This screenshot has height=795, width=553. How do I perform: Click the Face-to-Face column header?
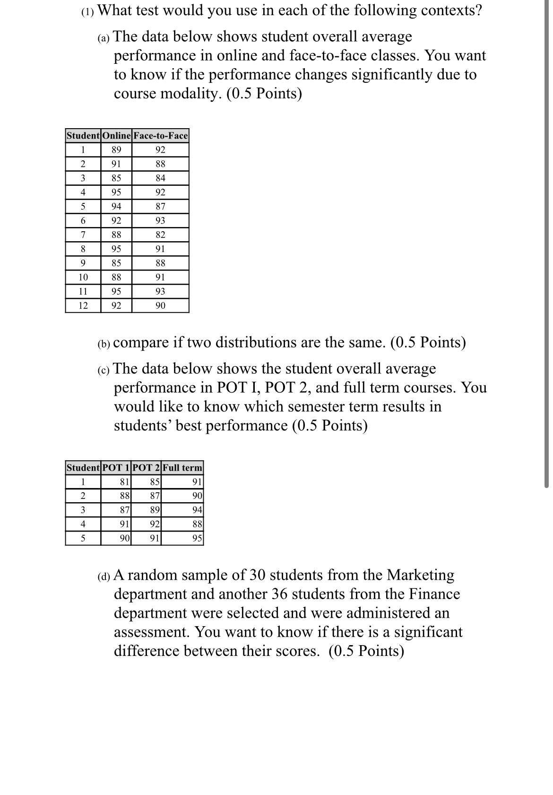coord(161,136)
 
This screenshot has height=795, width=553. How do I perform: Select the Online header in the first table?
coord(116,136)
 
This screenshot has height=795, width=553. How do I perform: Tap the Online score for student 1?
coord(116,150)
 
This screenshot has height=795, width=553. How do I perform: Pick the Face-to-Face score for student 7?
coord(161,235)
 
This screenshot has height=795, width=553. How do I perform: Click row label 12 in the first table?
coord(83,306)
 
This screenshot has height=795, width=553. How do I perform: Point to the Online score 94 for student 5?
coord(116,206)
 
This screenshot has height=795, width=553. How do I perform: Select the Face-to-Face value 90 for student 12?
coord(161,306)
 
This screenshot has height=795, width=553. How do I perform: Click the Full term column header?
coord(182,468)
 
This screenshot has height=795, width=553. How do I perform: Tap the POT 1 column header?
coord(116,468)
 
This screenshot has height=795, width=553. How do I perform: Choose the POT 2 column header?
coord(147,468)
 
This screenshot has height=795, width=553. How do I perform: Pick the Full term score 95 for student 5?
coord(198,538)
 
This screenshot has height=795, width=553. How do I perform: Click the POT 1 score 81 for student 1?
coord(125,482)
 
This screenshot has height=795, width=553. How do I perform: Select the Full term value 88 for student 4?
coord(198,524)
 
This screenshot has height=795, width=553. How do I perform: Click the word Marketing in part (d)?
coord(420,575)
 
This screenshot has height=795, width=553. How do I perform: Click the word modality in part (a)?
coord(192,94)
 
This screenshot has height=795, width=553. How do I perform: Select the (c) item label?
coord(104,370)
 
